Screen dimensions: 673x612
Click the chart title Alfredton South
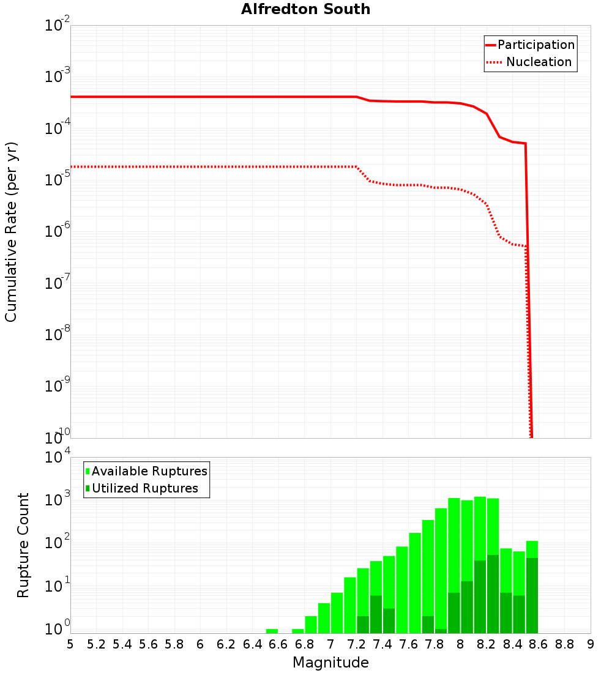coord(305,9)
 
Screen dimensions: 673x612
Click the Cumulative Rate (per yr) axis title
coord(11,232)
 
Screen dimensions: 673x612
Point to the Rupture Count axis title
coord(23,545)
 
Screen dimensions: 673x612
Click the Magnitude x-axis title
coord(330,663)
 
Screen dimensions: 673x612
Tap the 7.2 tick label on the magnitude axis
coord(356,644)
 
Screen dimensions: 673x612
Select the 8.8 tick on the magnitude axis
coord(564,644)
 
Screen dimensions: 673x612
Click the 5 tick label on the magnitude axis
coord(70,644)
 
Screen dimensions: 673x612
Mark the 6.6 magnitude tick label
coord(278,644)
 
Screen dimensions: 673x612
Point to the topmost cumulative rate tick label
coord(58,26)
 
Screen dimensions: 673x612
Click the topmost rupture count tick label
coord(58,458)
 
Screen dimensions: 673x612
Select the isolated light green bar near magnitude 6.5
coord(272,631)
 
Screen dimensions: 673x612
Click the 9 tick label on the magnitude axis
coord(591,644)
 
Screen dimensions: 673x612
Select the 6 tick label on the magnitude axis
coord(200,644)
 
